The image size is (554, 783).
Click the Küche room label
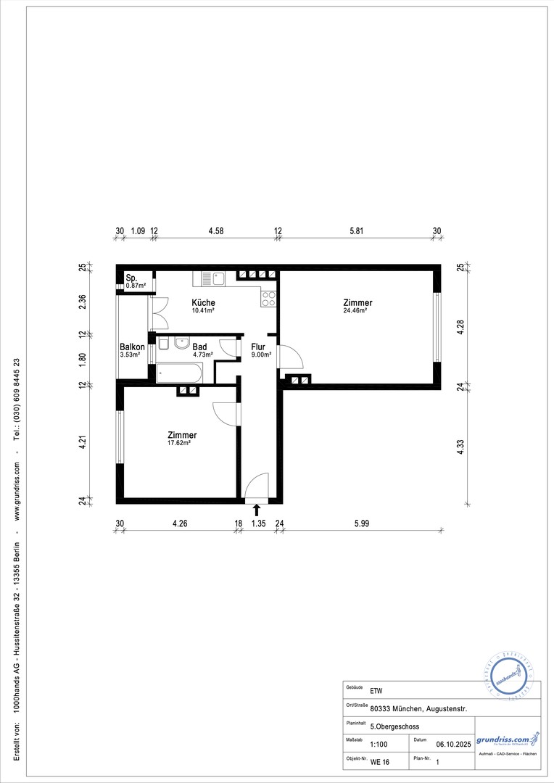(x=203, y=302)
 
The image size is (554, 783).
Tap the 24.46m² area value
(x=355, y=311)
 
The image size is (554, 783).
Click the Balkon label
(x=132, y=347)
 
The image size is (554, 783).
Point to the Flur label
(x=258, y=347)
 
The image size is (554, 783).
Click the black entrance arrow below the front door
(x=256, y=510)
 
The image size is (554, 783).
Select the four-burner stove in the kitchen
(x=268, y=298)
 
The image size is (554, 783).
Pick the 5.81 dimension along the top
(x=357, y=231)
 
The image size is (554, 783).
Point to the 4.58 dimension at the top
(x=215, y=231)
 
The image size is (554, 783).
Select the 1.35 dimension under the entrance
(x=257, y=523)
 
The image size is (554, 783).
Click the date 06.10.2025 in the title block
(x=453, y=744)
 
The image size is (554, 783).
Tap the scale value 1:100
(x=378, y=744)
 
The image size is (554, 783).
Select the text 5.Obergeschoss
(x=394, y=726)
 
